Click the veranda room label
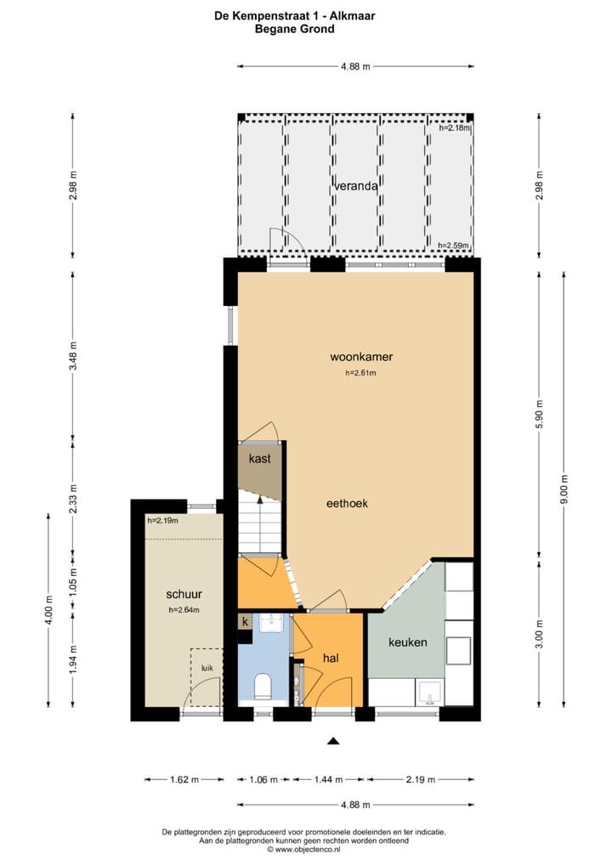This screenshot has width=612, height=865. coord(355,185)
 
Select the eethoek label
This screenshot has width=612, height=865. coord(347,503)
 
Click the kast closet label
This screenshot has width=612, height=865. coord(259,459)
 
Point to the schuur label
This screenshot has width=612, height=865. coord(184,594)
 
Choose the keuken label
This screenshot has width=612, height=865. coord(408,642)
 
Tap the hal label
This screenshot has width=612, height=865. coord(331,658)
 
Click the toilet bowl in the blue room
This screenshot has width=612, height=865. coord(262,685)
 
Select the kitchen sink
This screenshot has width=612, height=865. coord(428,693)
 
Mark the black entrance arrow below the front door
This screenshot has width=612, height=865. coord(333,741)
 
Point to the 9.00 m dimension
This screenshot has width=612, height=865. coord(565,492)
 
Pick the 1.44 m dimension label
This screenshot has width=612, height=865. coord(328,780)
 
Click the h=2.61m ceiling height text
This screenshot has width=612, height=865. coord(360,373)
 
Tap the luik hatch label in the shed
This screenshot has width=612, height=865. coord(207,668)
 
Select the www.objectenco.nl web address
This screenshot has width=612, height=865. coord(309,848)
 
